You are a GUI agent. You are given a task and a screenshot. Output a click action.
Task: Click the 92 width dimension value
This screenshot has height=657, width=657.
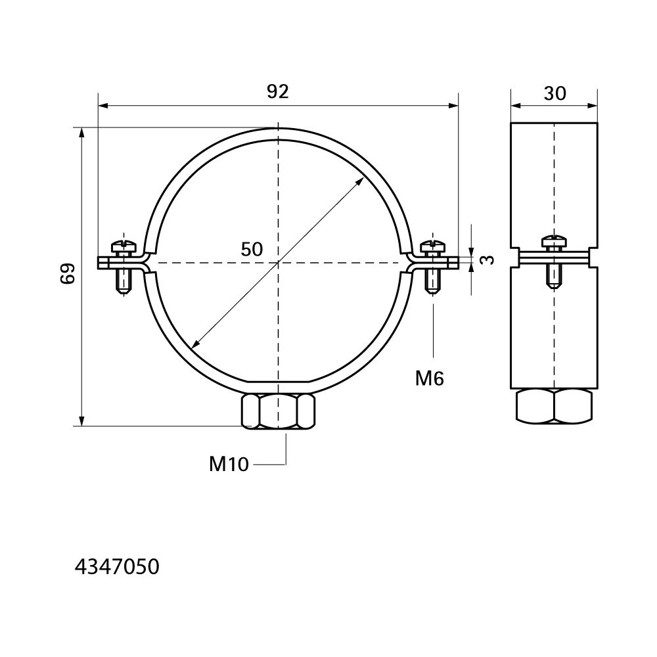(278, 92)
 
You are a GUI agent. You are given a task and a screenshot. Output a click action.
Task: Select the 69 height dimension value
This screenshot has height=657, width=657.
(68, 273)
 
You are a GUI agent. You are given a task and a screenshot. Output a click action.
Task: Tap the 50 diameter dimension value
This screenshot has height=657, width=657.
(252, 249)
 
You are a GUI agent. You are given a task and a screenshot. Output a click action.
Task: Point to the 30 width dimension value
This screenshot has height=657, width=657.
(555, 93)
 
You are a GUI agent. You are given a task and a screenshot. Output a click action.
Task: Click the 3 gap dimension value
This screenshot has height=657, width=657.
(486, 260)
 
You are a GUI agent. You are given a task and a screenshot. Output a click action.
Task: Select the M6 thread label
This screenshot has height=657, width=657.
(430, 378)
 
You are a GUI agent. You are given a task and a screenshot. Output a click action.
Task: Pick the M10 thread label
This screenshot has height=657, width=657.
(229, 464)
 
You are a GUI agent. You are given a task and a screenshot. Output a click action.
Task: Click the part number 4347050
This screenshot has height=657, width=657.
(117, 568)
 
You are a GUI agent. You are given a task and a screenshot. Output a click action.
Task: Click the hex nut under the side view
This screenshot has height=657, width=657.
(555, 406)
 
